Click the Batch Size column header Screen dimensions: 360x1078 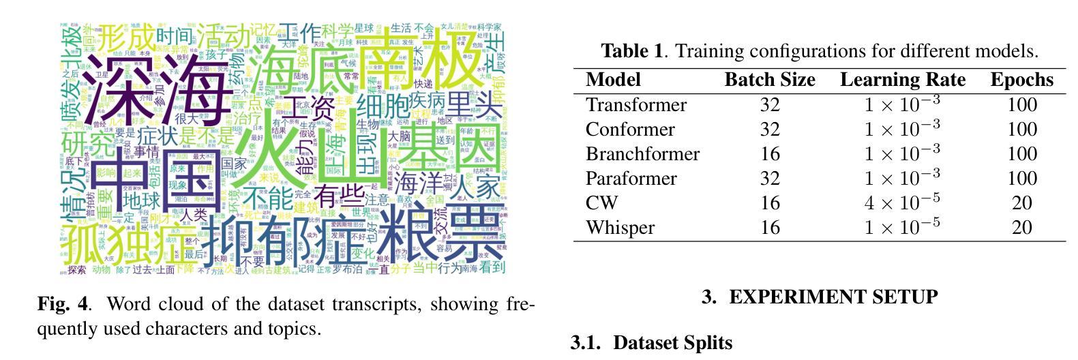(x=769, y=80)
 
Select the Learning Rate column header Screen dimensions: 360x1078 (x=902, y=80)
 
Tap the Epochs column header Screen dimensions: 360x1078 (x=1021, y=80)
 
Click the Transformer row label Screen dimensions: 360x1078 (x=635, y=105)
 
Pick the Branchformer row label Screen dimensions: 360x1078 (x=642, y=154)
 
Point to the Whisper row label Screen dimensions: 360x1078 (x=620, y=228)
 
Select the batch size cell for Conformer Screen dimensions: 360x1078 (x=769, y=130)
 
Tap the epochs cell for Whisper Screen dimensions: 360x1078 (x=1021, y=228)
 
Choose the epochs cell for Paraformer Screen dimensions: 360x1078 (x=1021, y=179)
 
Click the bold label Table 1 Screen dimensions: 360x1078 (x=631, y=51)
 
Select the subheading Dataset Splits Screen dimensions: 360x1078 (x=672, y=342)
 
